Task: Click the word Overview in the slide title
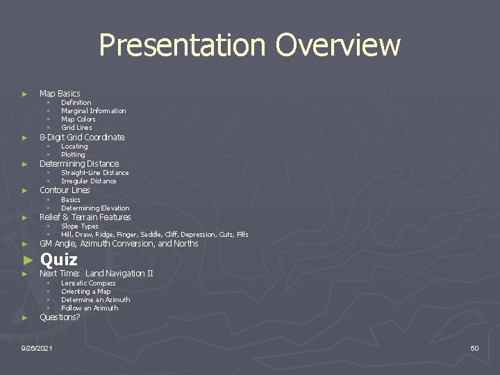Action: coord(337,46)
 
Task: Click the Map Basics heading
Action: coord(60,93)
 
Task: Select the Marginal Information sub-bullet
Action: coord(93,110)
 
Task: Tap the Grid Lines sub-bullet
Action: coord(76,128)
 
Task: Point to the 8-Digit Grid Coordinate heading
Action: coord(82,137)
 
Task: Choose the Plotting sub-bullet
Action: coord(73,155)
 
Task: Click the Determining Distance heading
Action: coord(79,164)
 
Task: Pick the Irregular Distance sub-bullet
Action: coord(88,181)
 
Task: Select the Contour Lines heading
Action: coord(65,190)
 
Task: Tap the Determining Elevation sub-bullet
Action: coord(95,208)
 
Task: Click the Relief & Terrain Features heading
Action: coord(85,217)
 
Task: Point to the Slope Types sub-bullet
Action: coord(79,226)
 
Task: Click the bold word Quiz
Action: coord(59,260)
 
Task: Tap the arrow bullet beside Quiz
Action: coord(27,260)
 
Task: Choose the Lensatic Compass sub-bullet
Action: coord(88,283)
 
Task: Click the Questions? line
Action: coord(60,317)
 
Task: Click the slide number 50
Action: coord(474,348)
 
